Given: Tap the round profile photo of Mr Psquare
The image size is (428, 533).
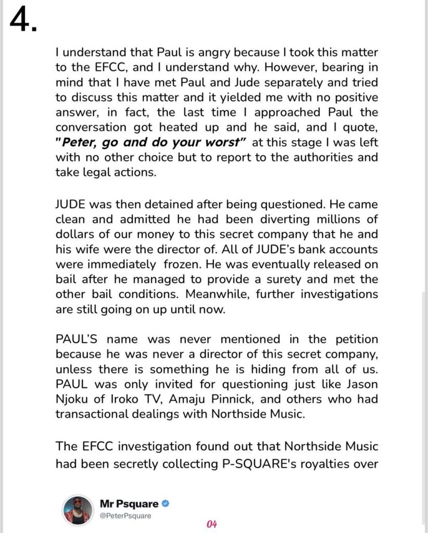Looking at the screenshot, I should (77, 510).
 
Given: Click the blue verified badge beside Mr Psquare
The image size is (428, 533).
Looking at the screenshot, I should (165, 504).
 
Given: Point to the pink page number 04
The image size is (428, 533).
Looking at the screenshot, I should (211, 524).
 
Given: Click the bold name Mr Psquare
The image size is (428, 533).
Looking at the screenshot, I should (129, 504).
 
